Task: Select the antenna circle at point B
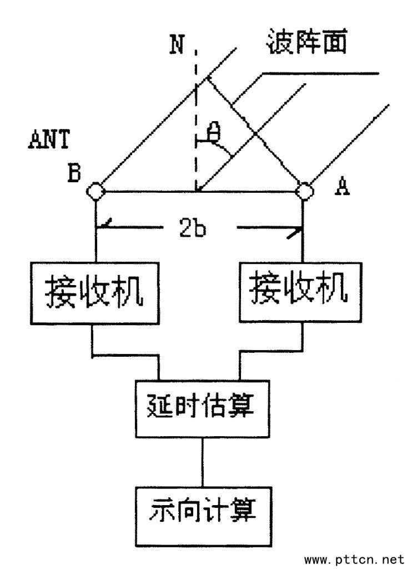96,191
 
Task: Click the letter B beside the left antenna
74,174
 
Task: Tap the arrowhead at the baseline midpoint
200,188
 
